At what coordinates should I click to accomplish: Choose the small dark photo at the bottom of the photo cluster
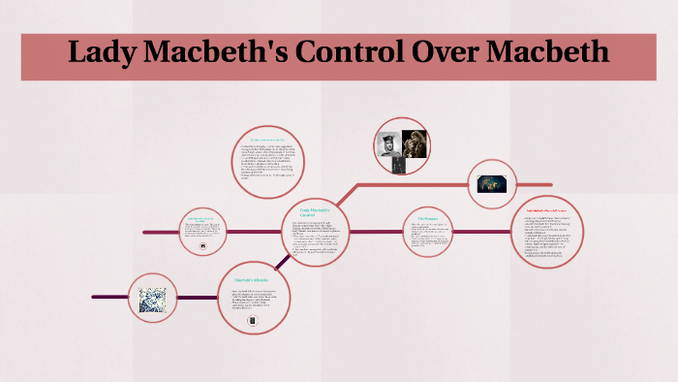coord(399,166)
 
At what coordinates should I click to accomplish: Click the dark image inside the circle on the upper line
coord(500,182)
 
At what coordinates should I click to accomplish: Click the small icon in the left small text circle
coord(202,246)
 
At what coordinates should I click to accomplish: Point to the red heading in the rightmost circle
coord(551,208)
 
